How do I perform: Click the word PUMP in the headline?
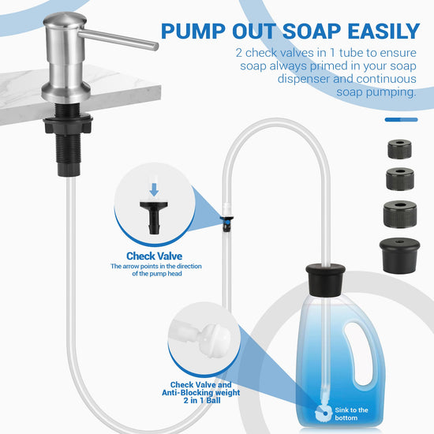[x=193, y=32]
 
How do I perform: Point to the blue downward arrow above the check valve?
[x=154, y=189]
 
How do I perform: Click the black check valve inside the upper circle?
[x=154, y=218]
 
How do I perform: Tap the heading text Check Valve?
[x=155, y=256]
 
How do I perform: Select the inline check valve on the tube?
[x=227, y=223]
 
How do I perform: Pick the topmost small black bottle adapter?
[x=399, y=149]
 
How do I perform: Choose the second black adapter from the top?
[x=400, y=179]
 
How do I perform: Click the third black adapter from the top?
[x=400, y=214]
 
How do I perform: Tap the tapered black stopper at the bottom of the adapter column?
[x=399, y=256]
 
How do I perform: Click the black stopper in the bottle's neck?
[x=325, y=280]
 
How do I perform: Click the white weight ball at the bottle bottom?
[x=324, y=413]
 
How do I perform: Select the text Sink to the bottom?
[x=351, y=413]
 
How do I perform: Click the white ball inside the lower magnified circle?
[x=215, y=339]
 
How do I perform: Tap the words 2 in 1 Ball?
[x=202, y=401]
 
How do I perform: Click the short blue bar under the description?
[x=401, y=120]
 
